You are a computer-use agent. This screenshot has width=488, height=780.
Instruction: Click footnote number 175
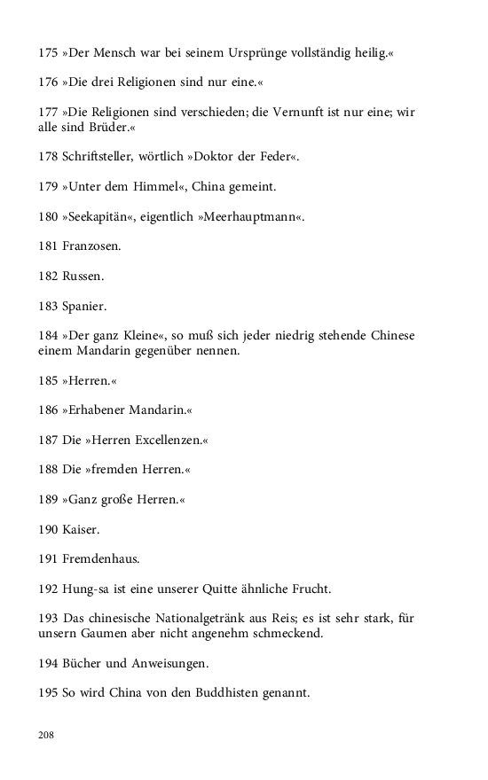tap(48, 54)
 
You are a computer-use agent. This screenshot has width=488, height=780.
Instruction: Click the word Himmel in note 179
tap(146, 186)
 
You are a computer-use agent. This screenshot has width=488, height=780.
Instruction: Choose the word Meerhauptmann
tap(259, 215)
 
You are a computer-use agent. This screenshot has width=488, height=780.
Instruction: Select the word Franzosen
tap(91, 245)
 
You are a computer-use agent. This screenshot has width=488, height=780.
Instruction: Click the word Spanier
tap(84, 307)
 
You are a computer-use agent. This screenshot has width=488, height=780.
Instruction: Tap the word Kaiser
tap(81, 529)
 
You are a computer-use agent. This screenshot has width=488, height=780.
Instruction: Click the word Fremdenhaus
tap(101, 558)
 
